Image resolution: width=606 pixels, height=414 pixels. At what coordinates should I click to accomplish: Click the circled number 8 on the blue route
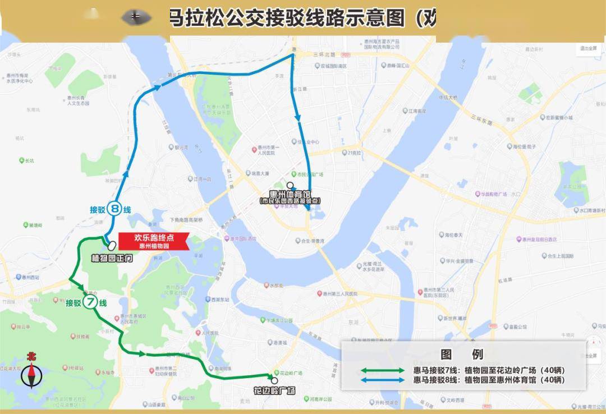[114, 209]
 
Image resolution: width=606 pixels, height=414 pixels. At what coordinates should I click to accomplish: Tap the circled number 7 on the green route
[90, 303]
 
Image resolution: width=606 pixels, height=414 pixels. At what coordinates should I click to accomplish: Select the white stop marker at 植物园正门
[112, 245]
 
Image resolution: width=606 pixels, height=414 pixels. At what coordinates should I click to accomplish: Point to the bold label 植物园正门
[112, 259]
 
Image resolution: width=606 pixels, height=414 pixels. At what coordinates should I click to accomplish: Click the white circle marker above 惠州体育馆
[290, 186]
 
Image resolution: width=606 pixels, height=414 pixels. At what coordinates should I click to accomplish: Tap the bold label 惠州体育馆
[290, 194]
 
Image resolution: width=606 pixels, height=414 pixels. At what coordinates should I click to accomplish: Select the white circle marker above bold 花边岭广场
[274, 380]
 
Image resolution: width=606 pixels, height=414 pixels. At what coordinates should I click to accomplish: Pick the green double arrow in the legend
[382, 370]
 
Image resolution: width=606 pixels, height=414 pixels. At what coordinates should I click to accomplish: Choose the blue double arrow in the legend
[382, 380]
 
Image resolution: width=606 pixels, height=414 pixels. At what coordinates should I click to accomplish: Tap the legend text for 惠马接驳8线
[488, 380]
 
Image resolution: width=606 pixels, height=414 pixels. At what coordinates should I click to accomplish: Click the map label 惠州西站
[29, 277]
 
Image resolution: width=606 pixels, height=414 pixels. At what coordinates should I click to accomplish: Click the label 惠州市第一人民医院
[266, 150]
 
